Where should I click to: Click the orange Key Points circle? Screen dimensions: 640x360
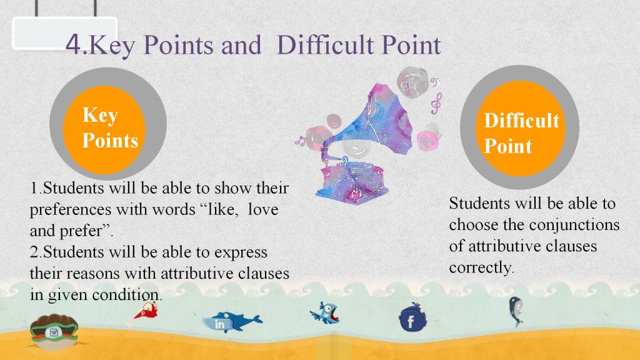pyautogui.click(x=104, y=130)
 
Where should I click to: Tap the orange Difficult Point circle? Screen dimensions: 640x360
pyautogui.click(x=520, y=128)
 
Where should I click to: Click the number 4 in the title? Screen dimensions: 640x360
pyautogui.click(x=74, y=44)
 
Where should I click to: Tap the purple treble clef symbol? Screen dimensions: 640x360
pyautogui.click(x=436, y=104)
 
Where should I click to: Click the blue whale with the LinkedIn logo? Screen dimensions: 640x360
pyautogui.click(x=232, y=322)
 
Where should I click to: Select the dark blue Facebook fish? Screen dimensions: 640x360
pyautogui.click(x=413, y=317)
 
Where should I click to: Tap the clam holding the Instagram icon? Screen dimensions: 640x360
pyautogui.click(x=54, y=331)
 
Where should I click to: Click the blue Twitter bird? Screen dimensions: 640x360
pyautogui.click(x=325, y=314)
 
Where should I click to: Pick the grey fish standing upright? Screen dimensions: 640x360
pyautogui.click(x=516, y=311)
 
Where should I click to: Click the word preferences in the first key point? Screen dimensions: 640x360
pyautogui.click(x=70, y=210)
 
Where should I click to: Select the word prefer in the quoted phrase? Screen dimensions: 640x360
pyautogui.click(x=81, y=231)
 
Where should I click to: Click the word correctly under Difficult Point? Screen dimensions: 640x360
pyautogui.click(x=480, y=267)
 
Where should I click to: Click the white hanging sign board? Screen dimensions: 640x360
pyautogui.click(x=65, y=33)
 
